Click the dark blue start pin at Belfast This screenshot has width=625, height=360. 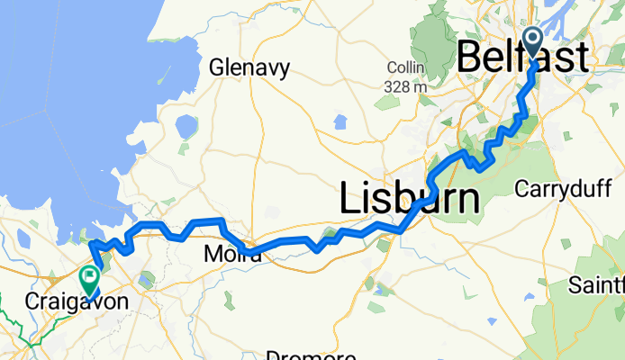tap(532, 41)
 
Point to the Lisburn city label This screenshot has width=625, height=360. tap(410, 197)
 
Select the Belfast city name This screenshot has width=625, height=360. tap(523, 57)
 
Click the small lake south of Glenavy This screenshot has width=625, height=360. tap(186, 127)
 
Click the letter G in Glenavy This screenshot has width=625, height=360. tap(216, 67)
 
